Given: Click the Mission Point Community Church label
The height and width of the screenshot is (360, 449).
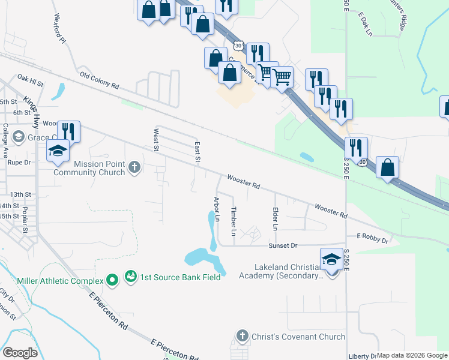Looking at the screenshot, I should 89,168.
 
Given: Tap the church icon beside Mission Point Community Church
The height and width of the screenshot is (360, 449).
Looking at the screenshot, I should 135,167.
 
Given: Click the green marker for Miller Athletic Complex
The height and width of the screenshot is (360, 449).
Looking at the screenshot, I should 112,280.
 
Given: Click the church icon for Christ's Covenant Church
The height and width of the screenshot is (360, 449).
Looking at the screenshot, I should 242,336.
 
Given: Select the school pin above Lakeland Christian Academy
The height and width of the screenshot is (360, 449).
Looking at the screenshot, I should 331,259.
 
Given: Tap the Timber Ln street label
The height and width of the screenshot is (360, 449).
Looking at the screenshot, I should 234,220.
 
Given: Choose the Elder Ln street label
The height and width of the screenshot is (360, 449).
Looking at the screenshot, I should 276,219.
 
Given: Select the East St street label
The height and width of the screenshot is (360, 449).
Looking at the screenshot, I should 196,152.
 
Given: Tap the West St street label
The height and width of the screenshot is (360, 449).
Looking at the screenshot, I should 156,139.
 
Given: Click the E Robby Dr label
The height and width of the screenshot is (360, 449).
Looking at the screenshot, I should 372,238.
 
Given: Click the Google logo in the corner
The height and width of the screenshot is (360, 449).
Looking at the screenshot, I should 20,353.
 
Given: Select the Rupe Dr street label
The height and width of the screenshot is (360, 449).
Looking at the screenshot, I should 18,163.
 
